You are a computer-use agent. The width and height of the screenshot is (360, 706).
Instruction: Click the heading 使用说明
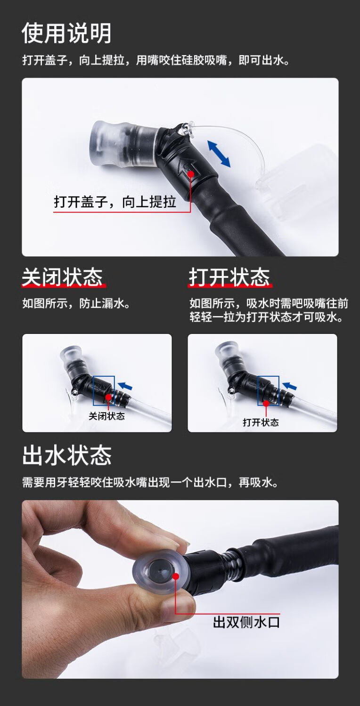click(x=66, y=33)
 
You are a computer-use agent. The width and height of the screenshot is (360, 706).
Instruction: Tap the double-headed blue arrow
click(x=219, y=154)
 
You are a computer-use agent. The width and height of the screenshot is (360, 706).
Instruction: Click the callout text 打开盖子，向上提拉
click(x=115, y=202)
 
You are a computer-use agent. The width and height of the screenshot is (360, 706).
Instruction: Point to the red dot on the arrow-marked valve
click(x=190, y=174)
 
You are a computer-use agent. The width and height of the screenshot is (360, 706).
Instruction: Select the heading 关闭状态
click(x=62, y=277)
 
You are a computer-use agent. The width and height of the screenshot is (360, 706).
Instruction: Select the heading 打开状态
click(x=229, y=277)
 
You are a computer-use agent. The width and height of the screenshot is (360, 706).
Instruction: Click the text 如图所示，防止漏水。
click(x=76, y=303)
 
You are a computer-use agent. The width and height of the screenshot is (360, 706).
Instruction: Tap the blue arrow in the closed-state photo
click(x=125, y=386)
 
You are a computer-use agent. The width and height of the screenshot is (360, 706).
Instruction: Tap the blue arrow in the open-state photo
click(x=289, y=386)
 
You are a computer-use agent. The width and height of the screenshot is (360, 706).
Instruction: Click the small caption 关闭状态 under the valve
click(x=106, y=416)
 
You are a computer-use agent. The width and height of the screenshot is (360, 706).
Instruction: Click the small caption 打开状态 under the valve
click(x=261, y=422)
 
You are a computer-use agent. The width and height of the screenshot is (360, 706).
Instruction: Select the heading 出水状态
click(x=67, y=455)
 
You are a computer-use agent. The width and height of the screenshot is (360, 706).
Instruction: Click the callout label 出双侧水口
click(x=246, y=623)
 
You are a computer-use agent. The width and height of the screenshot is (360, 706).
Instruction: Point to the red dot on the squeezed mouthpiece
click(x=176, y=576)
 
